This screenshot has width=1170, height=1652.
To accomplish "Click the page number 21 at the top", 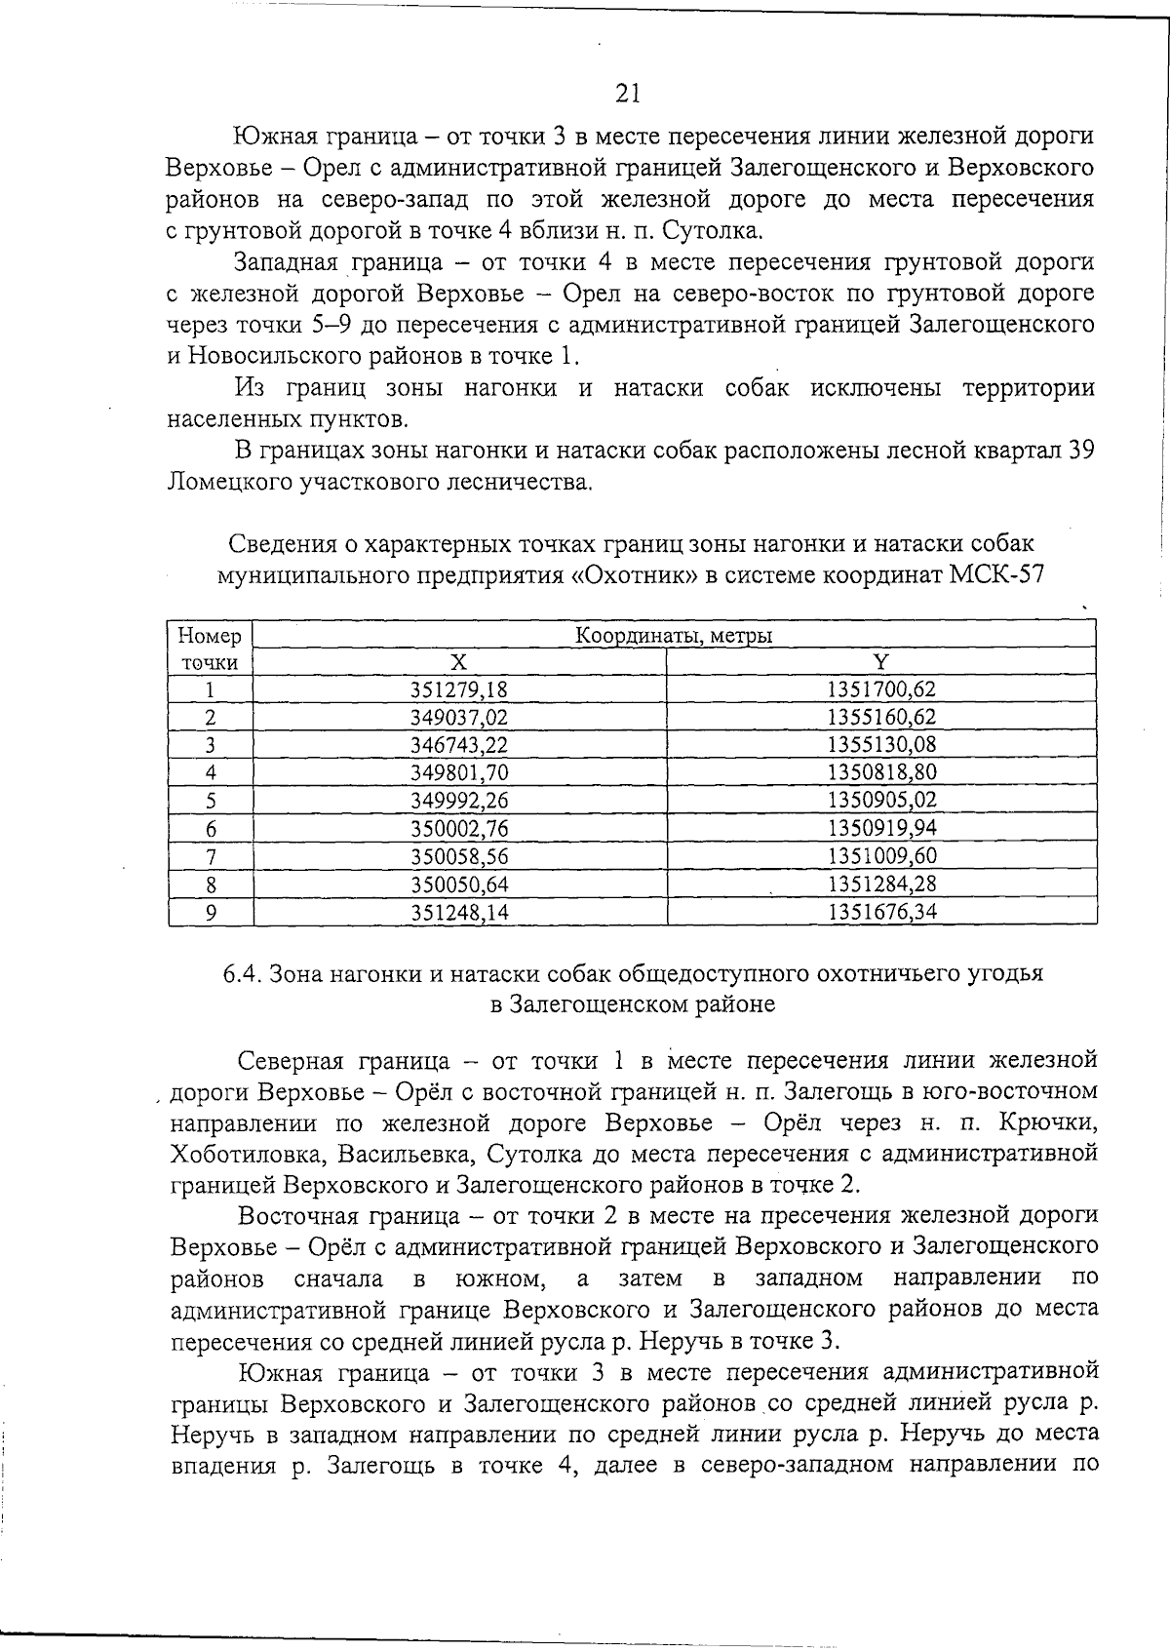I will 628,93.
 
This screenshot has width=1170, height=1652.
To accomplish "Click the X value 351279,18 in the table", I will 459,689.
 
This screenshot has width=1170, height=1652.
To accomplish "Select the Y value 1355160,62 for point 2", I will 881,718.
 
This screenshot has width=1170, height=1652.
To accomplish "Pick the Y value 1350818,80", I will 881,773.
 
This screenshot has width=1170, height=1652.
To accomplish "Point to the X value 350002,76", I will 459,829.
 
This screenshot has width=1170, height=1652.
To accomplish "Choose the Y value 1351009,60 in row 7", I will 881,856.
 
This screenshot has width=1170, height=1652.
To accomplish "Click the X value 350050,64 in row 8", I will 459,885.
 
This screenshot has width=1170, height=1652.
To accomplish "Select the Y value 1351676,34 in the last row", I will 881,912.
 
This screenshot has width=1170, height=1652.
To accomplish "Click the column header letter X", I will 459,662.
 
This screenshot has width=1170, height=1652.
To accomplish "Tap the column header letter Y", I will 881,662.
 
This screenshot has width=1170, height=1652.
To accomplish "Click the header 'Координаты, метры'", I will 674,636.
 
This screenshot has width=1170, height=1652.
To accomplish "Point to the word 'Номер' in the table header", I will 210,636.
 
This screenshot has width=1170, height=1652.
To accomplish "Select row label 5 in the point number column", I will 210,802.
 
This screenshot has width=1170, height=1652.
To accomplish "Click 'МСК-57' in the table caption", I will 997,574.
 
